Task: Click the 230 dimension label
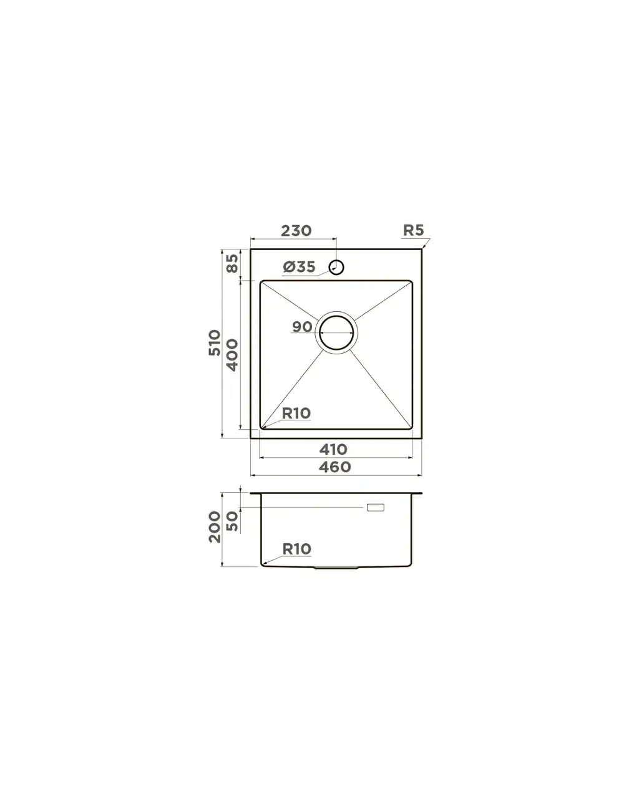point(296,231)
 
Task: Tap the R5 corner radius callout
point(413,230)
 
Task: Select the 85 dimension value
point(232,263)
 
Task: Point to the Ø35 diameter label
point(299,267)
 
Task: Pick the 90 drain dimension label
point(302,327)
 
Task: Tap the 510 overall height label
point(214,342)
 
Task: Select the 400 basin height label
point(232,355)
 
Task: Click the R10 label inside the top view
point(296,413)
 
